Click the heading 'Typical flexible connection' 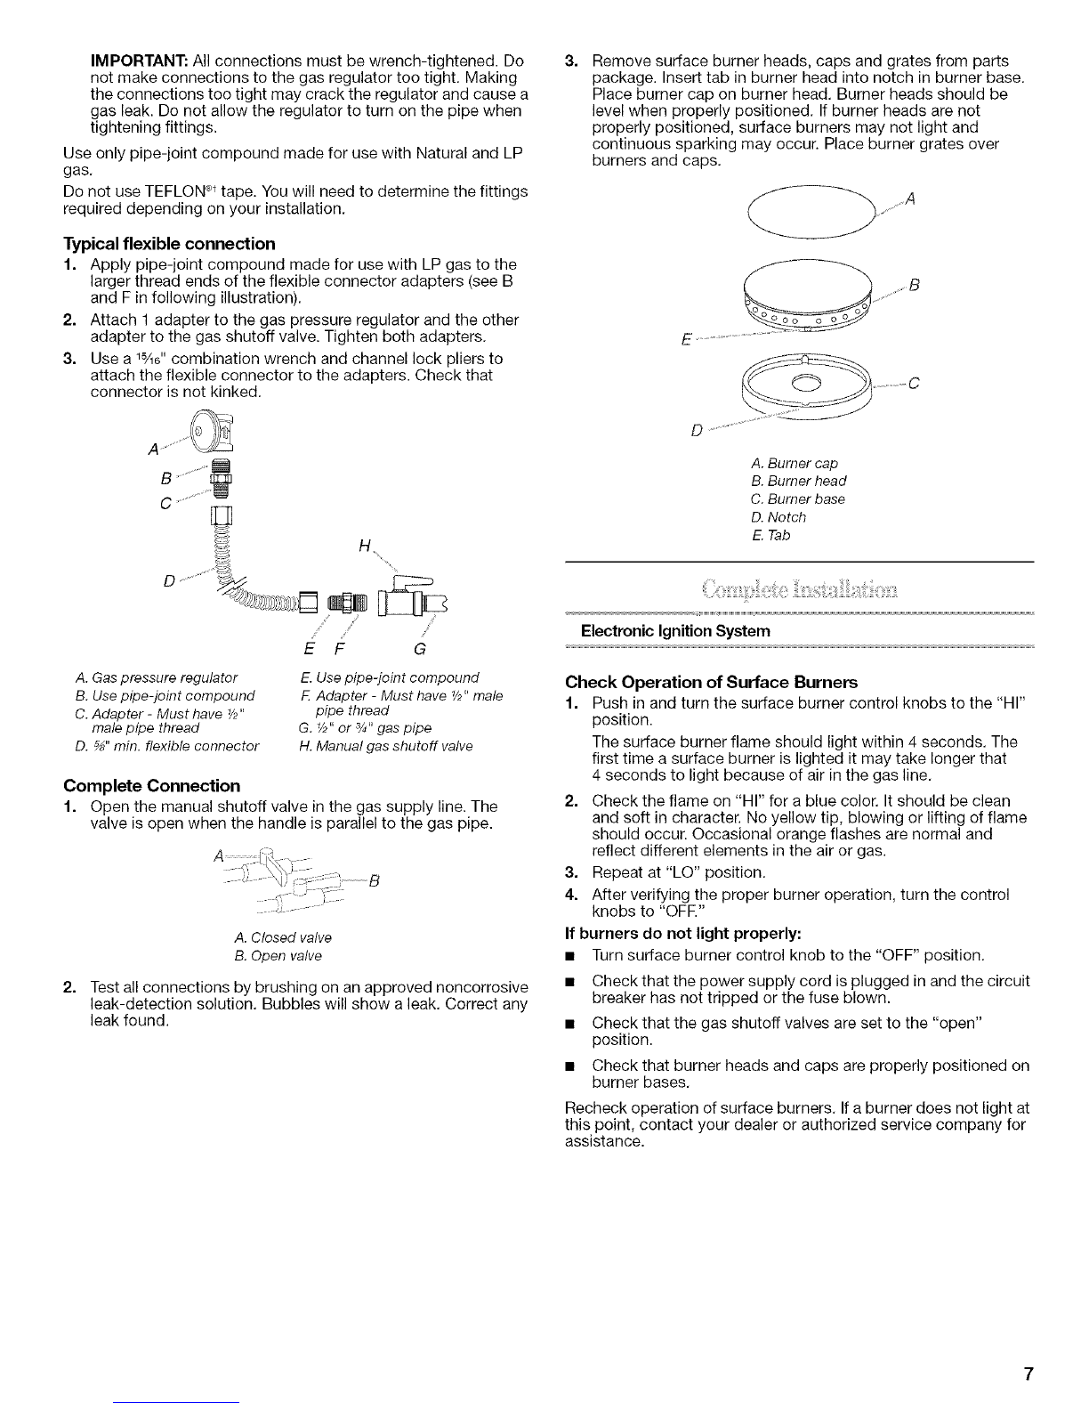pos(169,243)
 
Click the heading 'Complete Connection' pos(151,786)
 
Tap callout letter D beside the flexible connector pos(170,581)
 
